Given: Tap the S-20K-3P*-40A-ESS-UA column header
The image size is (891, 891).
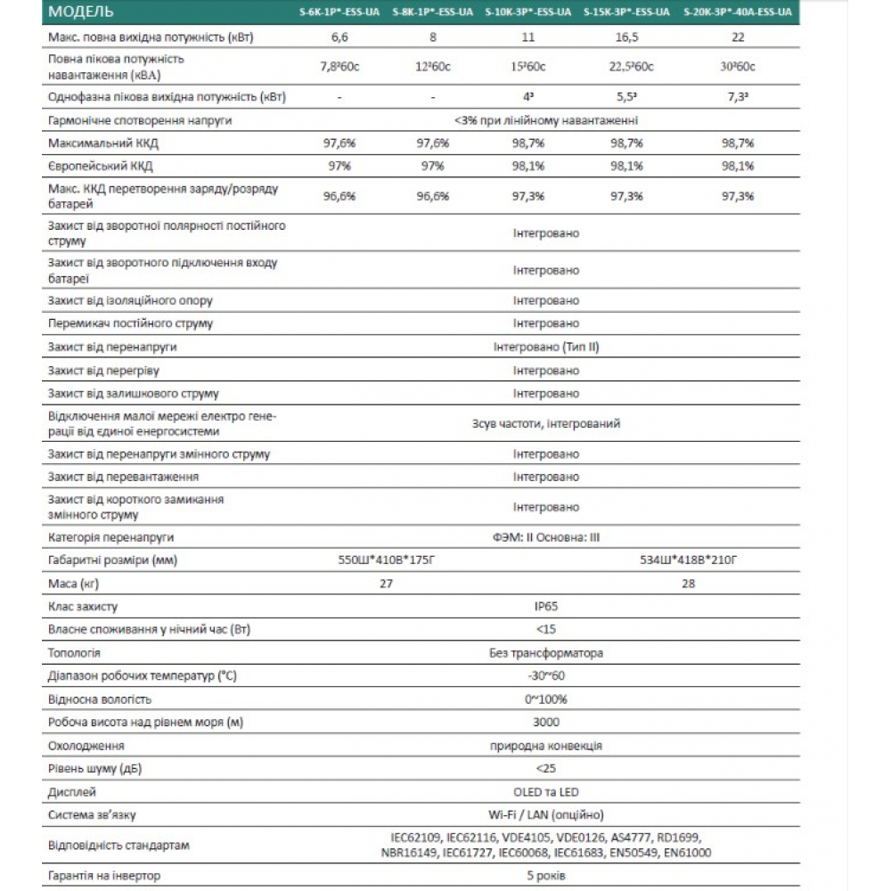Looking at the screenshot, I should pyautogui.click(x=736, y=13).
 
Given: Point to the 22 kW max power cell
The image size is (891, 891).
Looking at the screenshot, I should pyautogui.click(x=737, y=37).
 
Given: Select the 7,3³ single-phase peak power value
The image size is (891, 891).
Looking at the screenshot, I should pyautogui.click(x=737, y=96).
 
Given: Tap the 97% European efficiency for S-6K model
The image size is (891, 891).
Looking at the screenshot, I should pyautogui.click(x=340, y=167).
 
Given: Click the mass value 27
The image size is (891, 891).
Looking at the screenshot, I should pyautogui.click(x=386, y=584).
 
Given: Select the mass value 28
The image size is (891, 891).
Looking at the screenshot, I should pyautogui.click(x=688, y=584).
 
